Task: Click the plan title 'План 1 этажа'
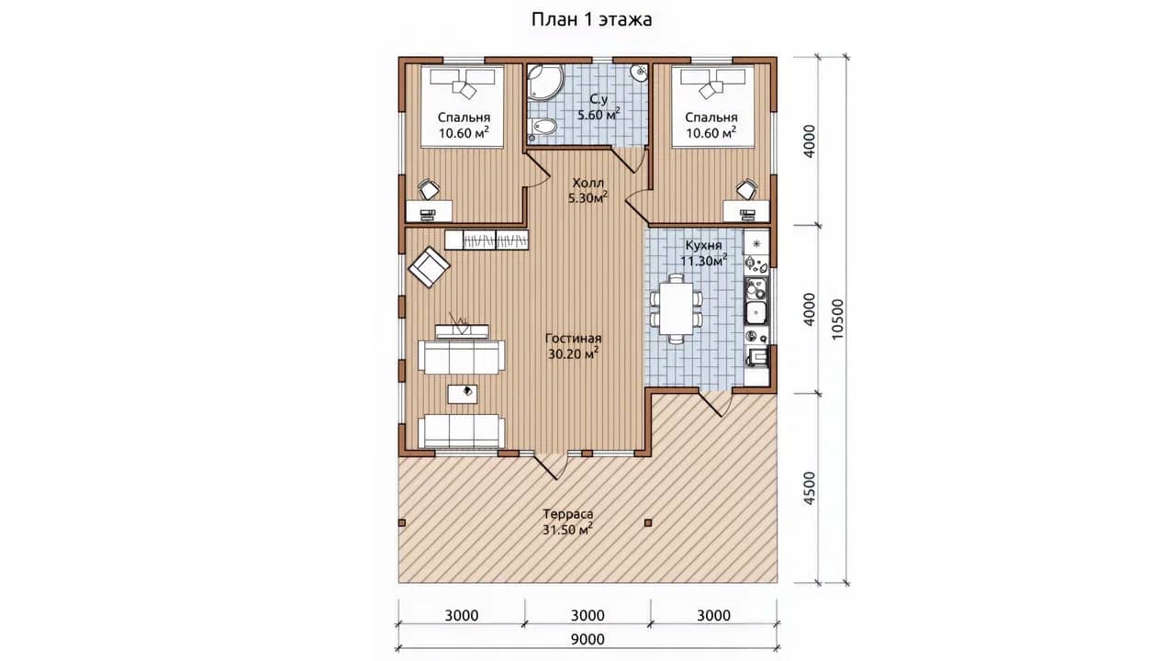592,19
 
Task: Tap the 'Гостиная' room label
573,339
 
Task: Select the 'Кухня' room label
703,245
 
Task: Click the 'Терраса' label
568,514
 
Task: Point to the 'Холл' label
588,183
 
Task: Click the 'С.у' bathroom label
599,99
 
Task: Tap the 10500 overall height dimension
838,319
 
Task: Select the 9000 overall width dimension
587,639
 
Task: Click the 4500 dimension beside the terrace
810,488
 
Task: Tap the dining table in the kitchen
677,308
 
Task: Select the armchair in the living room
429,267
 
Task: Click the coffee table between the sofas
462,394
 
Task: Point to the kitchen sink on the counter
755,312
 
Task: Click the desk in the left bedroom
429,211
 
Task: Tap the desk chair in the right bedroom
746,189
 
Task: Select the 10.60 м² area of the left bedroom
464,133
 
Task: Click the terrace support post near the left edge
402,522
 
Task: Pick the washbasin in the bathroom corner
640,73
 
